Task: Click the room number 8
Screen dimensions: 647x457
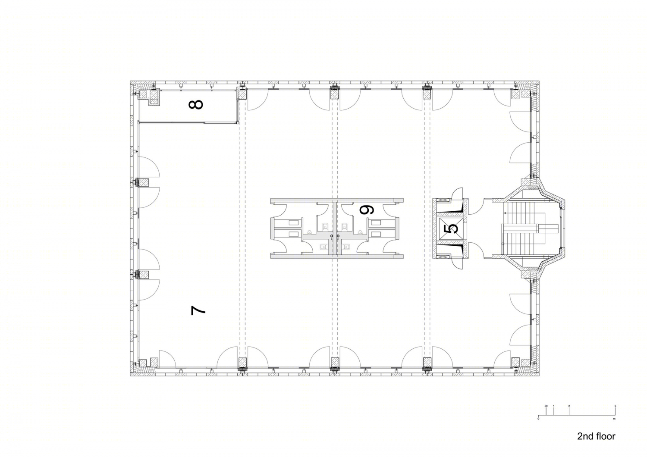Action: (x=195, y=104)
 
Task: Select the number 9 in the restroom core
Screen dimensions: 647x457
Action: (x=367, y=210)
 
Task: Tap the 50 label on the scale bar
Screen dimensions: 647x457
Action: (x=546, y=406)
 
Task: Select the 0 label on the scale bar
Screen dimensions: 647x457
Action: (x=538, y=419)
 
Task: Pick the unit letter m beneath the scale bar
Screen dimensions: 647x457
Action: (x=614, y=419)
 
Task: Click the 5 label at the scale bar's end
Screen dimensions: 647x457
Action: (x=615, y=406)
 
